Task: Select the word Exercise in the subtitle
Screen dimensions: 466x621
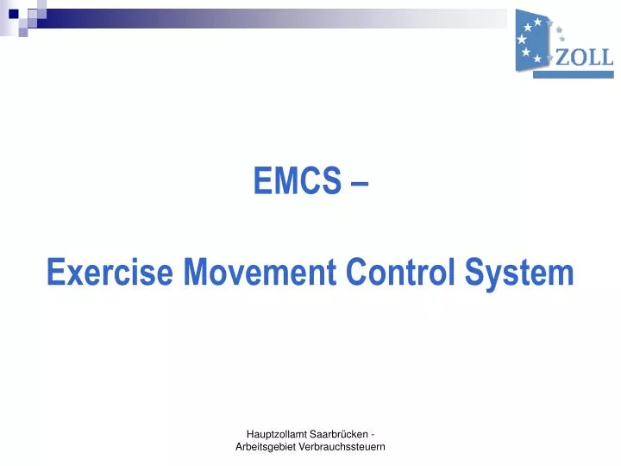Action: [101, 273]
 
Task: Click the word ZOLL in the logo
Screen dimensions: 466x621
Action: [585, 58]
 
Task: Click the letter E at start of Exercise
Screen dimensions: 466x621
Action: [54, 273]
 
